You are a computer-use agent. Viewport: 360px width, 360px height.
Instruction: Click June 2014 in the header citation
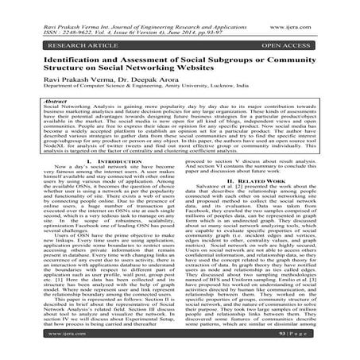(198, 17)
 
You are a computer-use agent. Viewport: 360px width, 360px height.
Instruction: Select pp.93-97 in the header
(233, 17)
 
